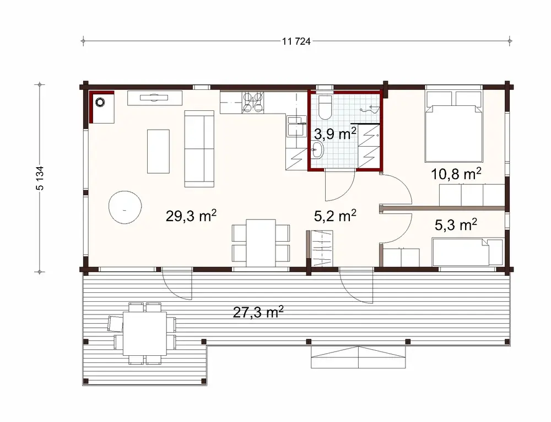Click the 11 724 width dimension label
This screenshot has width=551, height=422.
pyautogui.click(x=296, y=41)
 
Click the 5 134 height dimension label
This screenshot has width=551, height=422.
pyautogui.click(x=40, y=177)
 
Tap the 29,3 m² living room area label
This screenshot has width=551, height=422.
pyautogui.click(x=191, y=216)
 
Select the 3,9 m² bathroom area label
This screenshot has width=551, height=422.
pyautogui.click(x=335, y=133)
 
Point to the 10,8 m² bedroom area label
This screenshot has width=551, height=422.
pyautogui.click(x=456, y=174)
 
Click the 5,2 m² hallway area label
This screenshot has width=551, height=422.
pyautogui.click(x=335, y=216)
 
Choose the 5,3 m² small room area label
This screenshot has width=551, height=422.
pyautogui.click(x=456, y=225)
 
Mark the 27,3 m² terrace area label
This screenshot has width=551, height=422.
pyautogui.click(x=258, y=312)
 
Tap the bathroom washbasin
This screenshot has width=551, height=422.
pyautogui.click(x=317, y=148)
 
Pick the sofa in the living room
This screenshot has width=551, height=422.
pyautogui.click(x=199, y=148)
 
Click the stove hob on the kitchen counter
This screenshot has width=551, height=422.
pyautogui.click(x=252, y=103)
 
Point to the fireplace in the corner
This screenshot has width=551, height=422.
pyautogui.click(x=102, y=106)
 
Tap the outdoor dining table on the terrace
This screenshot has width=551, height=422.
pyautogui.click(x=144, y=334)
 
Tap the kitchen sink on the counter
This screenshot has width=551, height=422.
pyautogui.click(x=296, y=125)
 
